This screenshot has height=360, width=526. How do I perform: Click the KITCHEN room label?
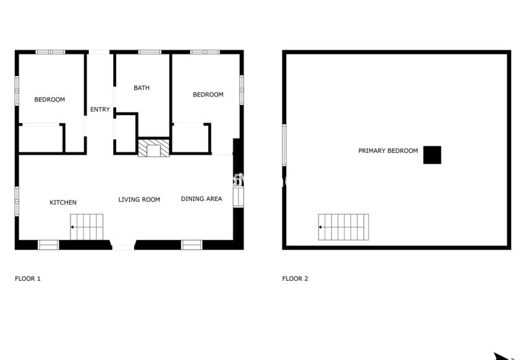point(63,203)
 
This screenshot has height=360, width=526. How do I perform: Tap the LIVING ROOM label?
point(139,200)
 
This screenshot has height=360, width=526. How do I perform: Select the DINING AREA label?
point(201,199)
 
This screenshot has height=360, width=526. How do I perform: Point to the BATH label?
point(142,88)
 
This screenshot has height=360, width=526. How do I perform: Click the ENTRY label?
point(100,109)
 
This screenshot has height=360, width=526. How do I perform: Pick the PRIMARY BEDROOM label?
point(388,151)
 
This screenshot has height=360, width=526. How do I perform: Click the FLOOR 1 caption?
point(28,279)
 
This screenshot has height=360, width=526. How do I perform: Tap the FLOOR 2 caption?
point(295,279)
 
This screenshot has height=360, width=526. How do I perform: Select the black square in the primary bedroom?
point(432,155)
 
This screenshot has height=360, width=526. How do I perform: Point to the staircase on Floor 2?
point(344,227)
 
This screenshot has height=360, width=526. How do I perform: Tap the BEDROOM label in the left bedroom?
point(49,100)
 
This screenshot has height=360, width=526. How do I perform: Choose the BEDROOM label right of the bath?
point(208,95)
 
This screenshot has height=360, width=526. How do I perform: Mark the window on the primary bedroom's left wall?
point(284,145)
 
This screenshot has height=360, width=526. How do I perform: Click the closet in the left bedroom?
point(41,138)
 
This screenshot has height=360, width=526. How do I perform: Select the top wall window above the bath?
point(149,52)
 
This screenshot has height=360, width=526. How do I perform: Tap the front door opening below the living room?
point(123,247)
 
